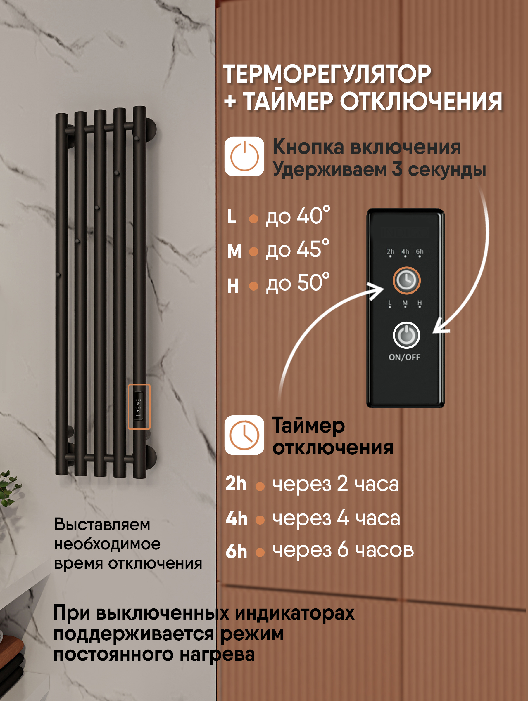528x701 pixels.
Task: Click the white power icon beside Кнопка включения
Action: (x=244, y=157)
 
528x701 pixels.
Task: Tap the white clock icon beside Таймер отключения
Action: (x=244, y=435)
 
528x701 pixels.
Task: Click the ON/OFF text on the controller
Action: (x=404, y=357)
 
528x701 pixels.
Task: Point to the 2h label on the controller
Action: (x=390, y=251)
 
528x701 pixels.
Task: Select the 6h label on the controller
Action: (x=420, y=251)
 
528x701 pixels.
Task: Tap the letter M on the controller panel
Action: (x=405, y=303)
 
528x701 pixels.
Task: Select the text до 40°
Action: (x=297, y=216)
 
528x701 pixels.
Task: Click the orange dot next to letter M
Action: (x=253, y=251)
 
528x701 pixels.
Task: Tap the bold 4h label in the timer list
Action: (x=237, y=519)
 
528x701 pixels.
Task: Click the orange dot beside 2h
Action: (x=260, y=486)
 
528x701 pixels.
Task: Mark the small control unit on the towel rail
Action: (x=139, y=406)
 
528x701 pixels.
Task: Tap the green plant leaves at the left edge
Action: (x=8, y=488)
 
